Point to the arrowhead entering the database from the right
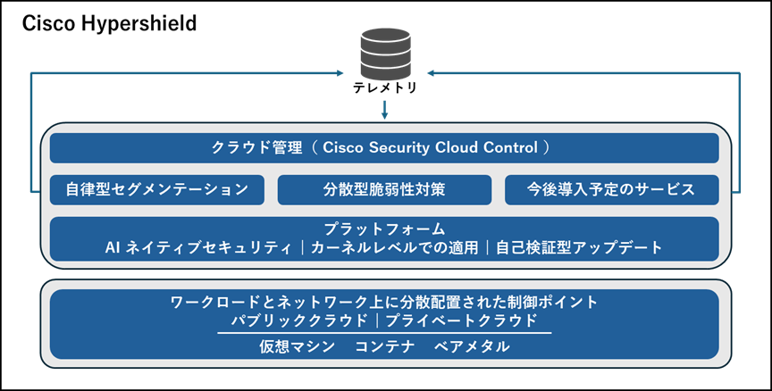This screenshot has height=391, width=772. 432,72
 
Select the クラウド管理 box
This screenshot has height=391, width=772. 384,148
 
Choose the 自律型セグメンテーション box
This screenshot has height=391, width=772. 157,189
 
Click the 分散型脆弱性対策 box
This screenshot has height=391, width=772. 384,189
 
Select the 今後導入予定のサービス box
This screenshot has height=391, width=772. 611,189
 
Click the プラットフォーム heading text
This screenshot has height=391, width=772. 384,229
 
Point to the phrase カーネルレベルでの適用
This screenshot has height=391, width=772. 393,248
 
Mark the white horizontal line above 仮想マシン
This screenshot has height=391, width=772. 384,333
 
